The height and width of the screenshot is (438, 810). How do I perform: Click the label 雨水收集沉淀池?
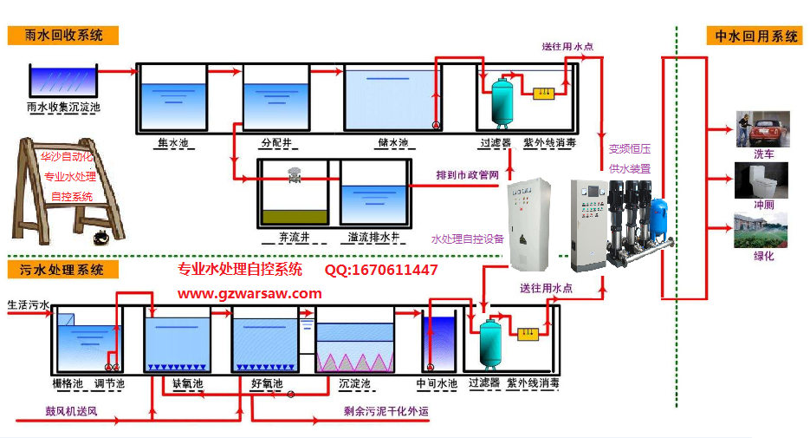click(x=64, y=108)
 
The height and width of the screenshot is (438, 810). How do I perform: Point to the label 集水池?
click(x=172, y=142)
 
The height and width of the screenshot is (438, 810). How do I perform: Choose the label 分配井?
click(x=275, y=142)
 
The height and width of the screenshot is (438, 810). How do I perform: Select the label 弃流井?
click(x=294, y=236)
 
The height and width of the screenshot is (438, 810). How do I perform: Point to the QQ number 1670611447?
click(x=381, y=271)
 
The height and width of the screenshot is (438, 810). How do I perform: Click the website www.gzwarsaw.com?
click(x=249, y=293)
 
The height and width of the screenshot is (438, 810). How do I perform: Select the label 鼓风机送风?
click(x=72, y=411)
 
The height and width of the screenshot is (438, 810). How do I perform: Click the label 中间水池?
click(x=437, y=382)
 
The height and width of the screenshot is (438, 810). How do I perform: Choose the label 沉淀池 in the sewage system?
click(x=353, y=382)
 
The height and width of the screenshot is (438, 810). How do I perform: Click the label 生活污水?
click(x=29, y=305)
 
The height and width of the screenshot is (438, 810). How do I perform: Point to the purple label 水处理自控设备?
click(x=467, y=239)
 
